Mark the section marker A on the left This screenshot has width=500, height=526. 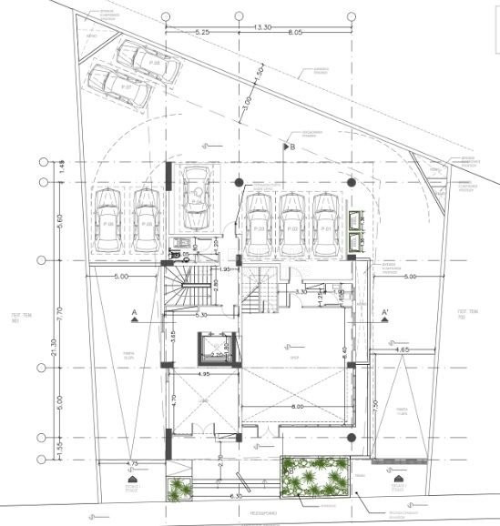click(x=135, y=314)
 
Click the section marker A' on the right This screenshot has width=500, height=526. click(x=385, y=313)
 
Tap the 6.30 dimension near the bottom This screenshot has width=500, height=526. click(x=237, y=496)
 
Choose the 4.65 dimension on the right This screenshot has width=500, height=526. click(x=400, y=349)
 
